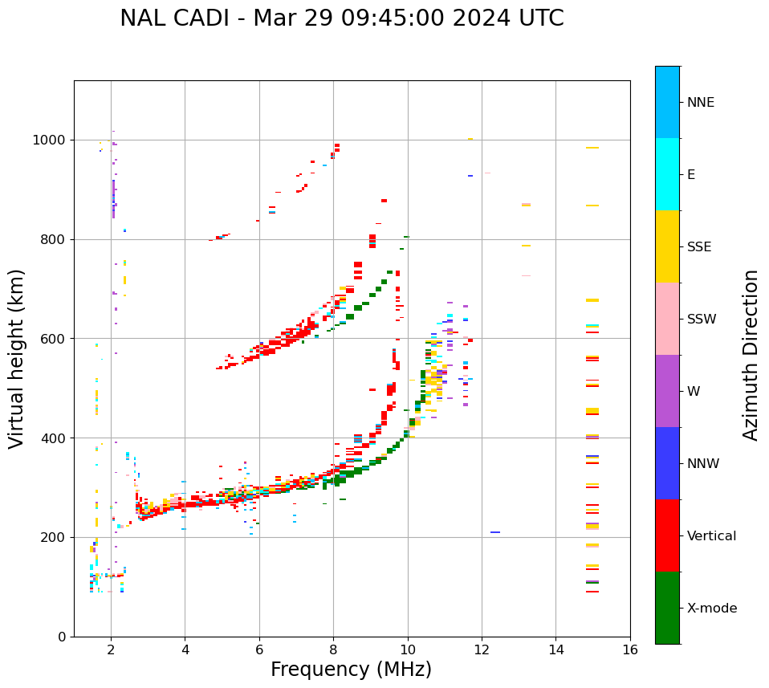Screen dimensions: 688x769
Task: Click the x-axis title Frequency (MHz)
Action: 351,670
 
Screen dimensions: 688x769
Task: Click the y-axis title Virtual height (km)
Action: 17,358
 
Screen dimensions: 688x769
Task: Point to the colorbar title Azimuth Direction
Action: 751,354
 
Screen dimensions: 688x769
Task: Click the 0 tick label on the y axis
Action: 61,637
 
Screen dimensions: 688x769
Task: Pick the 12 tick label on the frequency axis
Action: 482,649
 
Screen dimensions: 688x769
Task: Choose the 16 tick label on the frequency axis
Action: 630,649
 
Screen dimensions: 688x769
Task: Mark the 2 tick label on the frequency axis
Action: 111,649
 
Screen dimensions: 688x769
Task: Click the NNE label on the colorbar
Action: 700,103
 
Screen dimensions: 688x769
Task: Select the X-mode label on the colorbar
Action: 711,609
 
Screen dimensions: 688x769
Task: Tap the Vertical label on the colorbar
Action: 711,536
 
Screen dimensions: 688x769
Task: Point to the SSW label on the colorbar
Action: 702,320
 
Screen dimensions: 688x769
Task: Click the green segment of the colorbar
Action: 667,608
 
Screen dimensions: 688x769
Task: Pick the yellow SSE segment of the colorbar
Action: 667,246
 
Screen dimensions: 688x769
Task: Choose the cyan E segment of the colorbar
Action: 667,174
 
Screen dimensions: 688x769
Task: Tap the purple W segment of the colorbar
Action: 667,391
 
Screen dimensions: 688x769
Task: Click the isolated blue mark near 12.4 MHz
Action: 495,532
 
